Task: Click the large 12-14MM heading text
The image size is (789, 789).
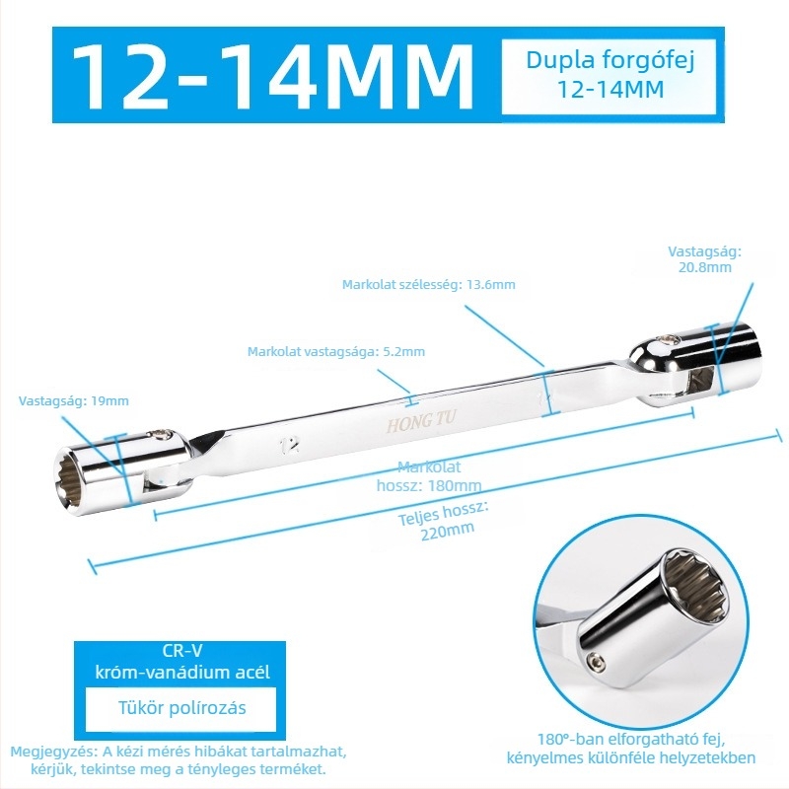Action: pos(272,75)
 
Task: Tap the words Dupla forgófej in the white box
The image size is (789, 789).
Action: pos(610,61)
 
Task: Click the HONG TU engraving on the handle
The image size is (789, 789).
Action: pos(421,421)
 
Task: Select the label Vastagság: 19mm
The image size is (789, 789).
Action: pos(73,401)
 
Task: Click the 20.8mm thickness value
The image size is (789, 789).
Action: pos(704,267)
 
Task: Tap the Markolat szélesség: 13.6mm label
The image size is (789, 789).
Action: pos(429,284)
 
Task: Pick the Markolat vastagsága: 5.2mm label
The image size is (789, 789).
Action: pos(336,351)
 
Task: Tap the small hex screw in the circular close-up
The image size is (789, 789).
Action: pos(595,659)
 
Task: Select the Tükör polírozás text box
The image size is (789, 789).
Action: pos(181,708)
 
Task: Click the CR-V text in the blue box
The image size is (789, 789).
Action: pos(182,651)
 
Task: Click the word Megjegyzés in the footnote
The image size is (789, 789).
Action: pos(54,753)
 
